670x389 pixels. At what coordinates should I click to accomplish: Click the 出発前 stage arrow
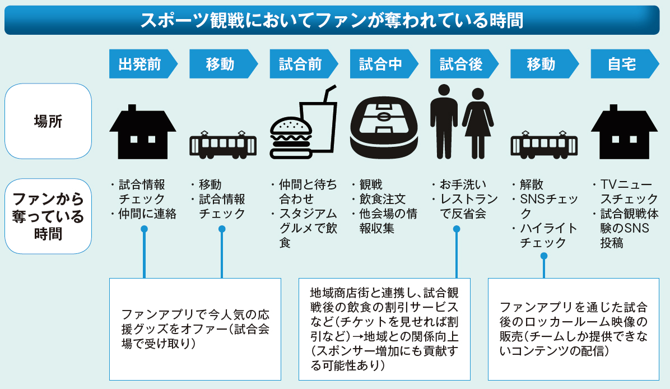(142, 64)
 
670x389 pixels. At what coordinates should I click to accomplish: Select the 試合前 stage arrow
(303, 64)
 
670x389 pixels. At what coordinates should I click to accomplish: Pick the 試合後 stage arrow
(463, 64)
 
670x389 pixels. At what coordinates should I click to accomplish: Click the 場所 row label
(48, 121)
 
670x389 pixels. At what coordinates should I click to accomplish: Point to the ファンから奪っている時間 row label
(48, 216)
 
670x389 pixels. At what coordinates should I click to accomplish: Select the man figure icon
(444, 121)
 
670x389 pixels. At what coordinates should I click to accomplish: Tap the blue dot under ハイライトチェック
(543, 256)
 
